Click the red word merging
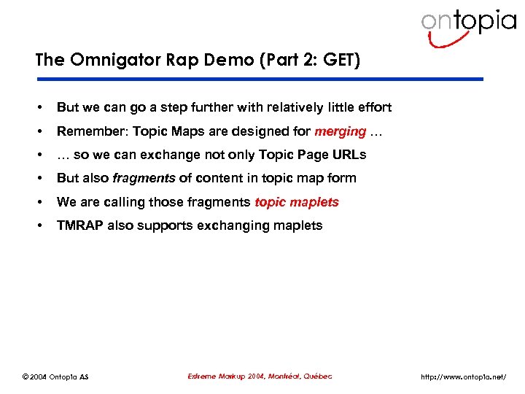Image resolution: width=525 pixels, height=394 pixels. pyautogui.click(x=340, y=131)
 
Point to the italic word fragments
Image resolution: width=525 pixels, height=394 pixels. pyautogui.click(x=144, y=178)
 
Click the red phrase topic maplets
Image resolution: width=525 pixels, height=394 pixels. pyautogui.click(x=297, y=202)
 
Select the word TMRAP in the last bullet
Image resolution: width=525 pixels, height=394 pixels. pyautogui.click(x=80, y=225)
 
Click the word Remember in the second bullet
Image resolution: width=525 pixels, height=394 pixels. pyautogui.click(x=87, y=131)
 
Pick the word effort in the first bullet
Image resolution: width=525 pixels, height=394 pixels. pyautogui.click(x=373, y=107)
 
